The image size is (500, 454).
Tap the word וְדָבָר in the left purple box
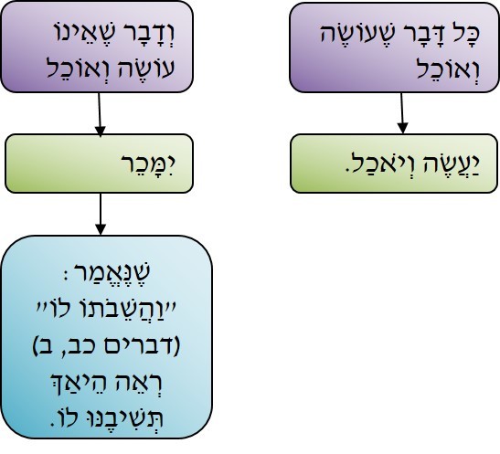point(146,34)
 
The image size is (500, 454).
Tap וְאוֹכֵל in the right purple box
point(448,68)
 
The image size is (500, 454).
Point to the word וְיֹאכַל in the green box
point(382,165)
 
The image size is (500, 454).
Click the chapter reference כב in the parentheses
point(78,346)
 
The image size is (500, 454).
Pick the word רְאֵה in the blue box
point(143,382)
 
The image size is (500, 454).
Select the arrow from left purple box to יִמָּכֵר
point(100,115)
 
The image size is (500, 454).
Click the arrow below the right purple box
point(402,113)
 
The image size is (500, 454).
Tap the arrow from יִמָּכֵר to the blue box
point(101,214)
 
